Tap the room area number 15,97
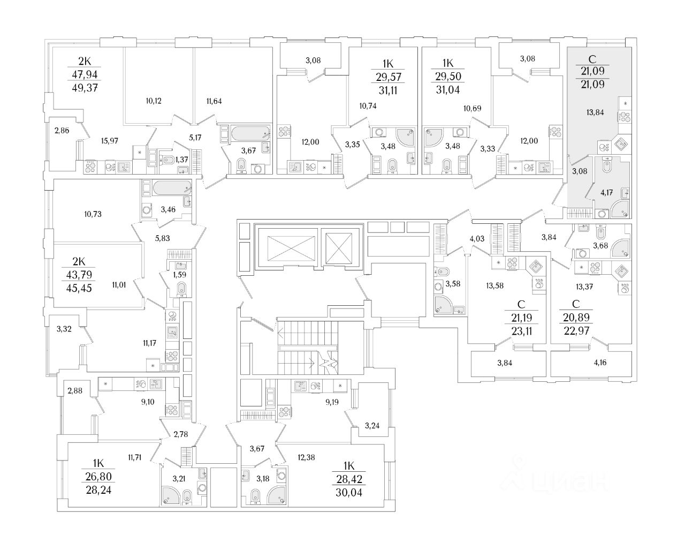coord(109,141)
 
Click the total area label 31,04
coord(448,91)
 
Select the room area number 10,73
coord(93,214)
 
